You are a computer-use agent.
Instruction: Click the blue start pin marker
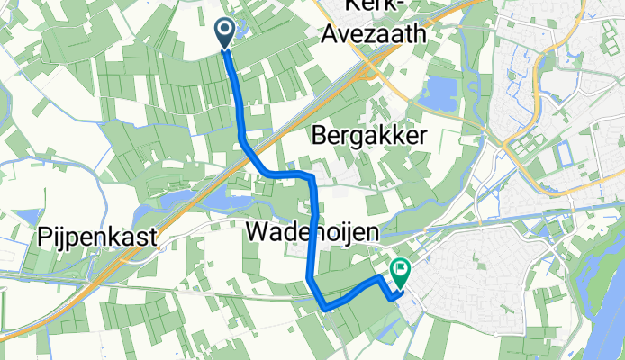224,33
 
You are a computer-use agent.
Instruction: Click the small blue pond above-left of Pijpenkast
30,217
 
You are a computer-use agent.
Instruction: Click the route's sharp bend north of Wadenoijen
311,177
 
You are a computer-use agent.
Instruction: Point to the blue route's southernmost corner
324,308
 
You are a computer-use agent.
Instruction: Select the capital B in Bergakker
320,135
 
